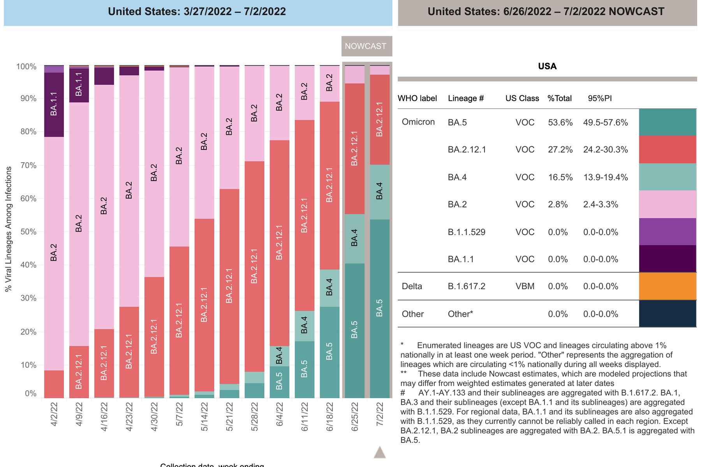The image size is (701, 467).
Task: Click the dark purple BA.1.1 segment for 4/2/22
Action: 54,104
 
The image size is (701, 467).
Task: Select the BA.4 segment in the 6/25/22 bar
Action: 354,238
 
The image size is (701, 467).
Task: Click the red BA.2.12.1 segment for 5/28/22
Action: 254,266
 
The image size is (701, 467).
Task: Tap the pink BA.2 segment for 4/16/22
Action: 104,206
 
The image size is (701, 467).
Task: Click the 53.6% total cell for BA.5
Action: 560,123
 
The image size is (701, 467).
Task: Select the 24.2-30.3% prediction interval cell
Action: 605,150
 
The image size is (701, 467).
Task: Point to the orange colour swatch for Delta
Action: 668,286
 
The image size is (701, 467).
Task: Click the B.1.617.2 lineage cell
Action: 466,286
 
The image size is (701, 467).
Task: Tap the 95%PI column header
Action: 599,98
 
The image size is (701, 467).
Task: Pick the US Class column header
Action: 522,98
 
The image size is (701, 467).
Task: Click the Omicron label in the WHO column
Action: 418,122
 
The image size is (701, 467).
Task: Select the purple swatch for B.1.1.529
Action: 668,232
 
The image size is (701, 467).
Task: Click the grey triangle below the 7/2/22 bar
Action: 380,452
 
